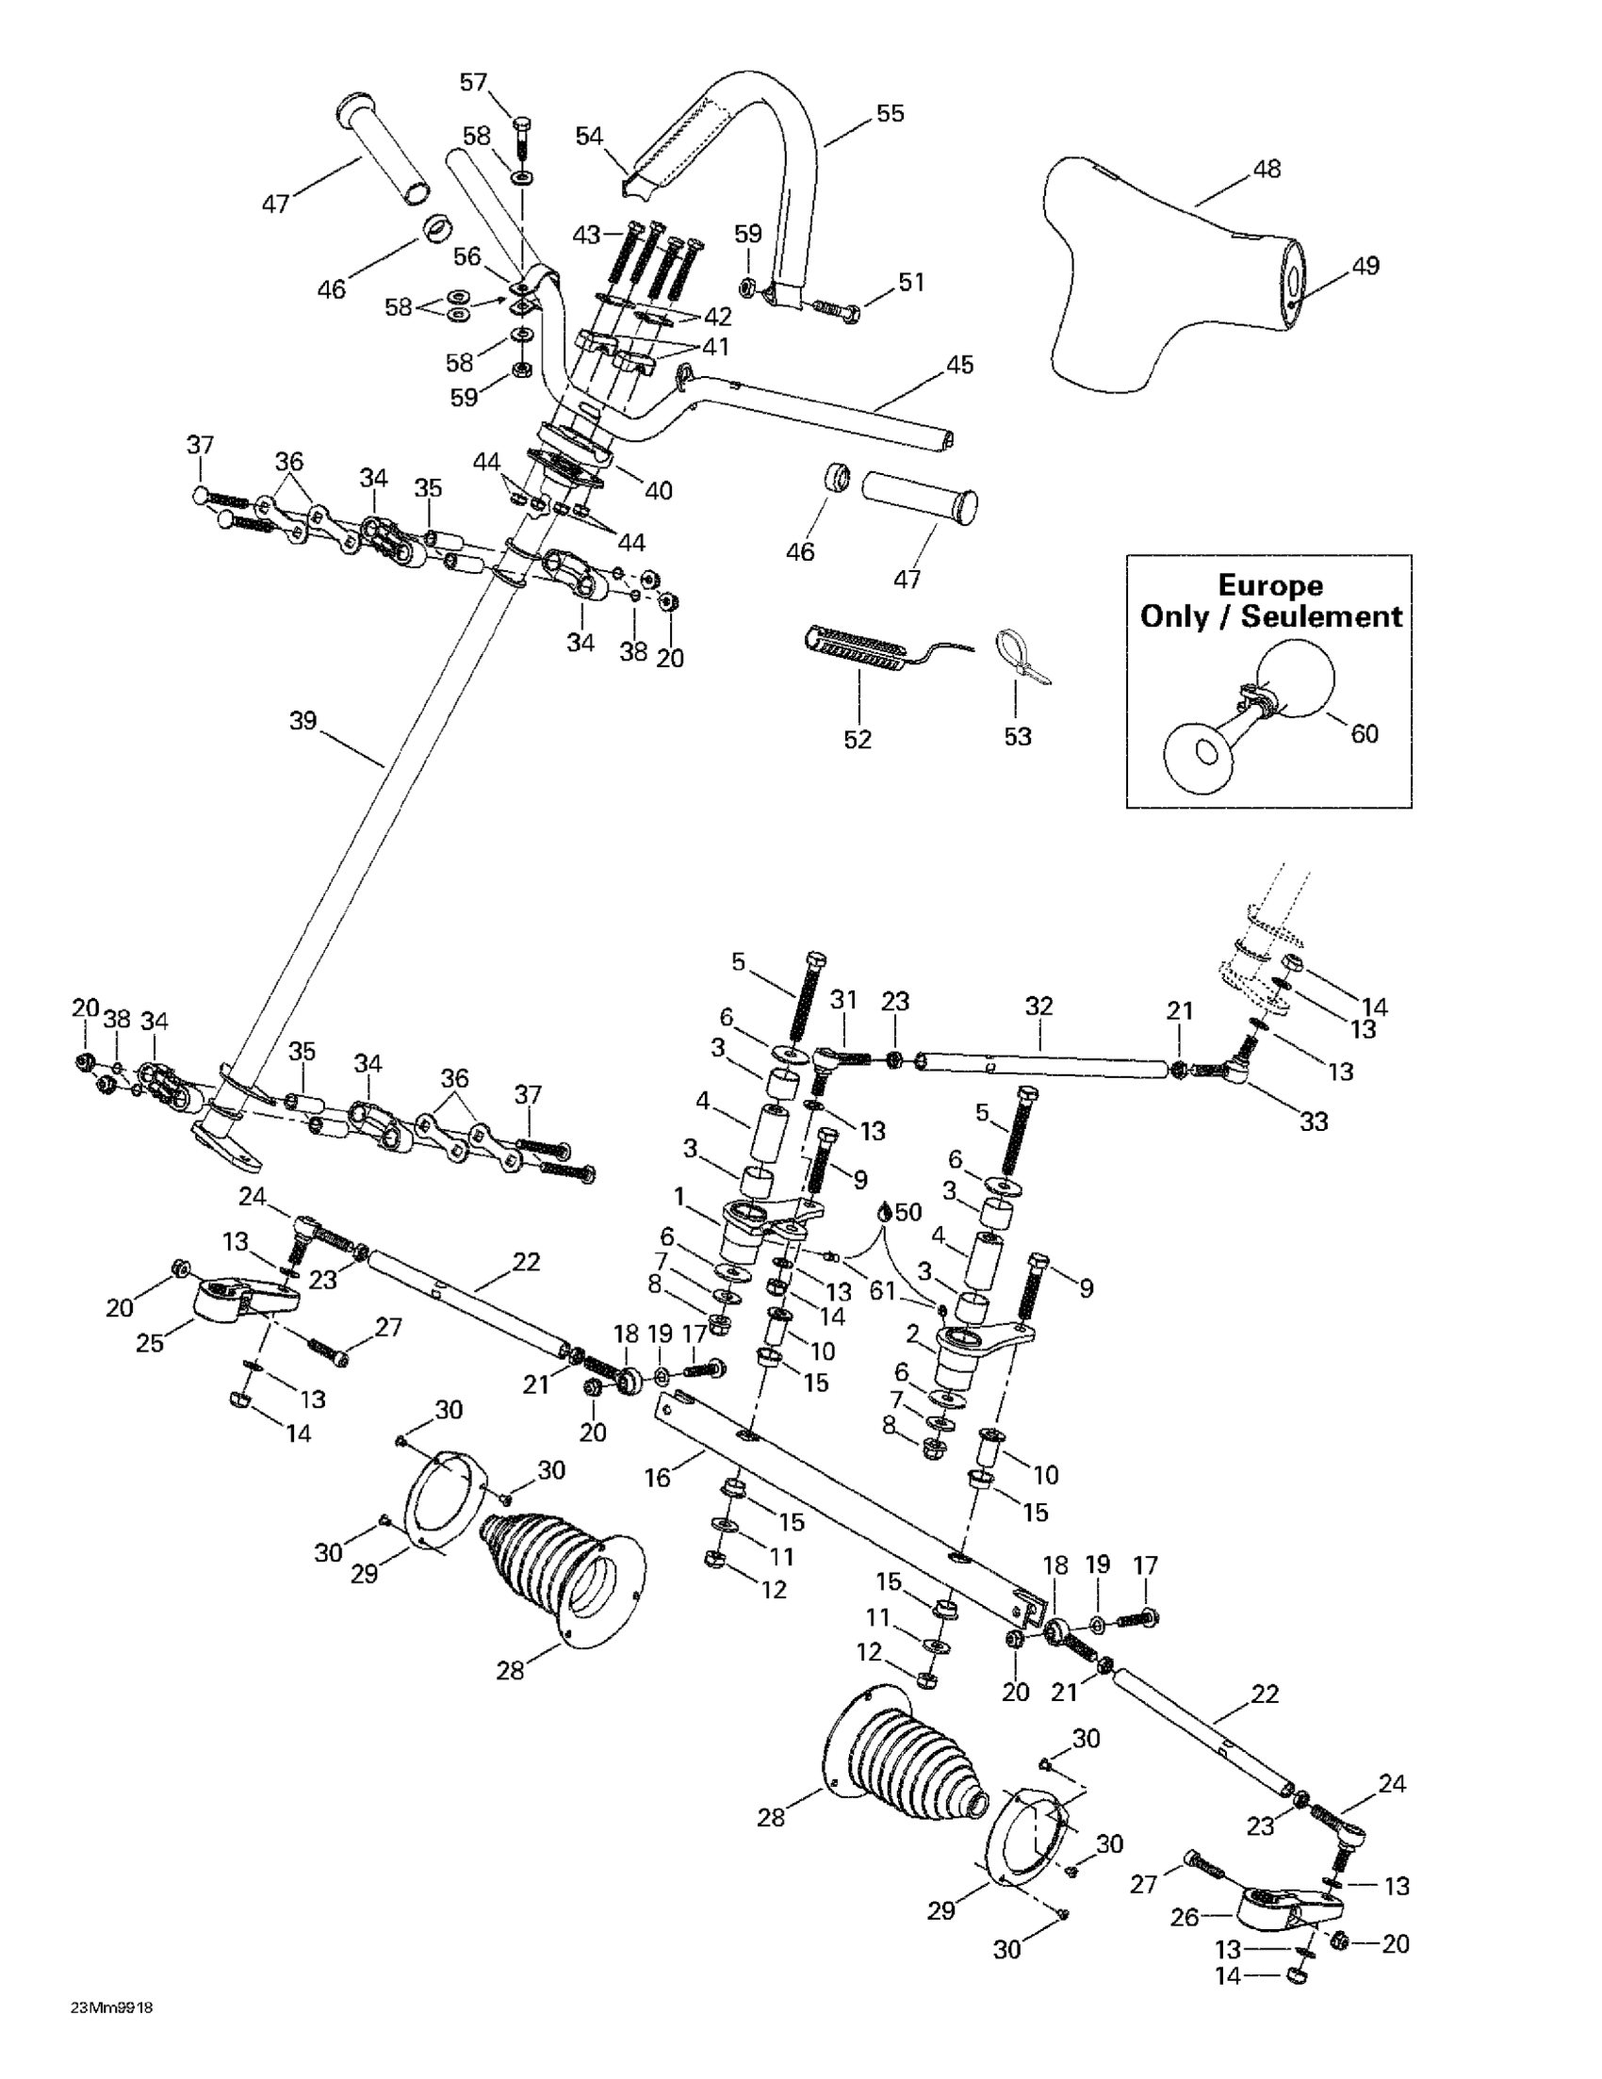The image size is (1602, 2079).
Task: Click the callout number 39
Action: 302,722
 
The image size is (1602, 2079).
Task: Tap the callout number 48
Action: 1267,170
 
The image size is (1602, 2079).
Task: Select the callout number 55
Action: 890,113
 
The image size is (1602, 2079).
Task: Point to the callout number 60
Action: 1364,734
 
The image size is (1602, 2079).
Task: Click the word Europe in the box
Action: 1270,585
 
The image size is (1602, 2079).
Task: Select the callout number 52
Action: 858,740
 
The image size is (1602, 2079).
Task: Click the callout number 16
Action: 658,1478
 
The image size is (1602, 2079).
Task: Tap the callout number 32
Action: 1039,1006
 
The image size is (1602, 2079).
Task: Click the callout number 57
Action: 474,83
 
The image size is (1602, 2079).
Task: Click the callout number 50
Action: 909,1212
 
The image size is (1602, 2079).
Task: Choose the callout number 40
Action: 659,491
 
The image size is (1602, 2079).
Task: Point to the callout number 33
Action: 1314,1121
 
